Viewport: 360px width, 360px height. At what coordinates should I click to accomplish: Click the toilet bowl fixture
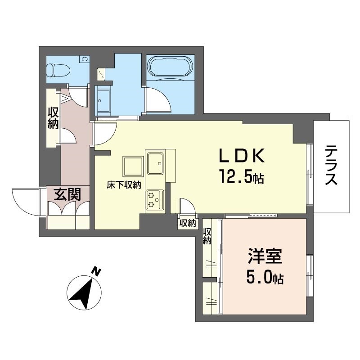click(x=58, y=70)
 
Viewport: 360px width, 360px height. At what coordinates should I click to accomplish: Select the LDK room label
click(x=242, y=156)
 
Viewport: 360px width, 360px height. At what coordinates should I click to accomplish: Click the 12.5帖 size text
click(x=242, y=176)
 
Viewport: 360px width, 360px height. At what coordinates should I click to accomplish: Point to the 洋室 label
click(x=265, y=256)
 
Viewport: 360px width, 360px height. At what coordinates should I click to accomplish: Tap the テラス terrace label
click(x=331, y=165)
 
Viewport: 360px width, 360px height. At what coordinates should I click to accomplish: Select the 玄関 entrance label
click(x=67, y=194)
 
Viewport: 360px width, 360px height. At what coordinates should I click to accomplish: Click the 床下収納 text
click(x=124, y=185)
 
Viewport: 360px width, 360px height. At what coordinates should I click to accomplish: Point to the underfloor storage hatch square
click(x=133, y=166)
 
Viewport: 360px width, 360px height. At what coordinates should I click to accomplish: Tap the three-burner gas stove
click(x=155, y=199)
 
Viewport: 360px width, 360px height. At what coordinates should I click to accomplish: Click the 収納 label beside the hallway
click(x=53, y=118)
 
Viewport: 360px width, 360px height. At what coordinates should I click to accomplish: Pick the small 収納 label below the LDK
click(x=188, y=223)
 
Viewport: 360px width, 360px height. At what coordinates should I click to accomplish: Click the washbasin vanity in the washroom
click(x=103, y=100)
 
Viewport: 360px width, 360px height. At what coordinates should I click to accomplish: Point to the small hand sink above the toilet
click(x=85, y=59)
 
